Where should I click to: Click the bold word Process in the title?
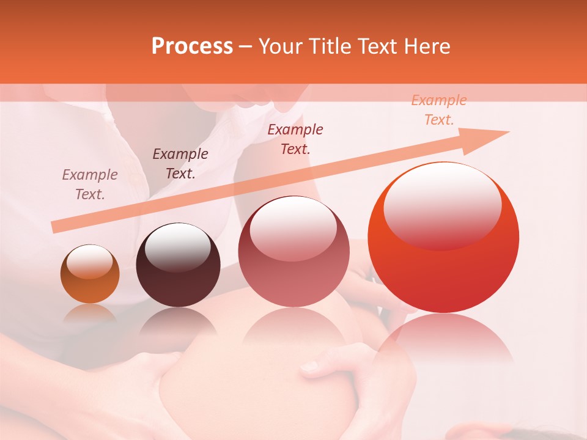pyautogui.click(x=192, y=46)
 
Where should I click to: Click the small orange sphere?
pyautogui.click(x=90, y=274)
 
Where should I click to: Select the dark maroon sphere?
pyautogui.click(x=178, y=265)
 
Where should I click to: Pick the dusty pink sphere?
pyautogui.click(x=293, y=251)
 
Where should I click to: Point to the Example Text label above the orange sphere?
pyautogui.click(x=90, y=185)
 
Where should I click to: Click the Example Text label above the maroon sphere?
pyautogui.click(x=180, y=164)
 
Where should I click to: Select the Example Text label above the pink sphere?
pyautogui.click(x=295, y=139)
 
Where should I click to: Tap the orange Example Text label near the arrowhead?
pyautogui.click(x=439, y=110)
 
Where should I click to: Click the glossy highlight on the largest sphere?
pyautogui.click(x=442, y=205)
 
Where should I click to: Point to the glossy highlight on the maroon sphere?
pyautogui.click(x=177, y=247)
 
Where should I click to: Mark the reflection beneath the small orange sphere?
pyautogui.click(x=89, y=313)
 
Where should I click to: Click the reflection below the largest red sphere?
pyautogui.click(x=443, y=342)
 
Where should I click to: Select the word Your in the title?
pyautogui.click(x=281, y=46)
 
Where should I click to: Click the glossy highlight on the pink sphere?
pyautogui.click(x=293, y=227)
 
